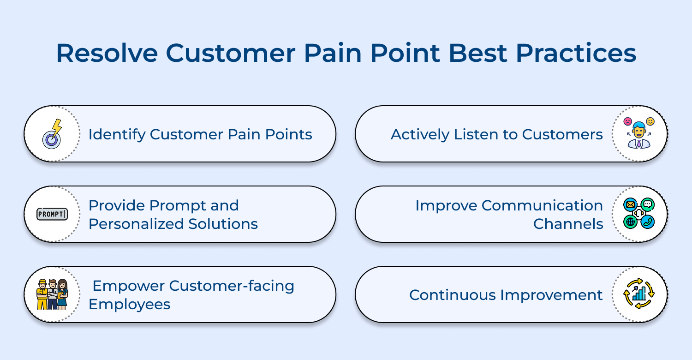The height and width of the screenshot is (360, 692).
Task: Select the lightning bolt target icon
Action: pyautogui.click(x=52, y=134)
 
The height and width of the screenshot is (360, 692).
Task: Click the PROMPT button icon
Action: pyautogui.click(x=52, y=214)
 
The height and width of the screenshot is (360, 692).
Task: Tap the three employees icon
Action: pyautogui.click(x=52, y=294)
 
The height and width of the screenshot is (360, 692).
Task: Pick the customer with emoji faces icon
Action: pyautogui.click(x=639, y=134)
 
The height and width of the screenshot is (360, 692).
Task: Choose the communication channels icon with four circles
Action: pyautogui.click(x=639, y=214)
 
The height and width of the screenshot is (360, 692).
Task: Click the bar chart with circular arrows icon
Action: pyautogui.click(x=639, y=294)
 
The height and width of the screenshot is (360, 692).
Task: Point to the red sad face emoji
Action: pyautogui.click(x=627, y=121)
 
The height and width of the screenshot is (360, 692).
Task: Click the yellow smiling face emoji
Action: pyautogui.click(x=650, y=121)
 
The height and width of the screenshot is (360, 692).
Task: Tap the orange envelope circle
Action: pyautogui.click(x=630, y=204)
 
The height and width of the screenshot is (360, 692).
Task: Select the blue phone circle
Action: pyautogui.click(x=648, y=222)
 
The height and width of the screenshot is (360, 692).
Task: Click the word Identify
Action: pyautogui.click(x=117, y=134)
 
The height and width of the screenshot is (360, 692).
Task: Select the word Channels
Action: pyautogui.click(x=568, y=224)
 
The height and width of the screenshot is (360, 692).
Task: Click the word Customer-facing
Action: pyautogui.click(x=232, y=286)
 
